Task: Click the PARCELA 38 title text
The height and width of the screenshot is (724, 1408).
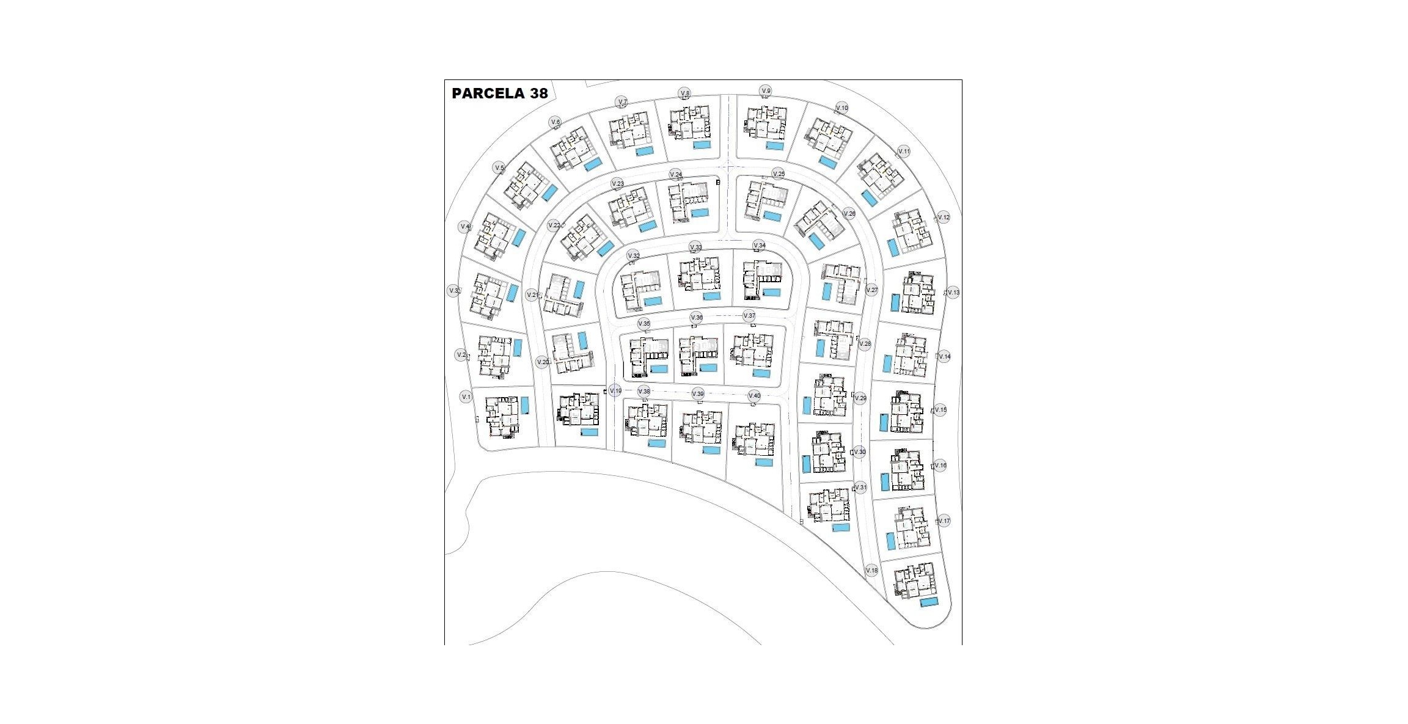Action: click(x=499, y=93)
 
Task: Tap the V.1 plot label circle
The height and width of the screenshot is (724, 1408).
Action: click(x=466, y=397)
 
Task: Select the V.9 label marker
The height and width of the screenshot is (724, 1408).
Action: click(x=766, y=91)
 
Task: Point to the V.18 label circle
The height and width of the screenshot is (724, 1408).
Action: click(x=872, y=571)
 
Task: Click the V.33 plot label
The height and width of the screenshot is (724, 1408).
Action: click(x=695, y=247)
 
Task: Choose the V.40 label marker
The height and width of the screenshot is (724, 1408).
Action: click(x=754, y=395)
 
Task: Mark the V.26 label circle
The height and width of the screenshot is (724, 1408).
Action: click(x=849, y=214)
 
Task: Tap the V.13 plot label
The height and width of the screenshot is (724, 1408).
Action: click(x=953, y=293)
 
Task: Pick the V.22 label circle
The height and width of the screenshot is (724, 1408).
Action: click(x=554, y=225)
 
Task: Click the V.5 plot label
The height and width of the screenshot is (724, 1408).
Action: click(x=499, y=168)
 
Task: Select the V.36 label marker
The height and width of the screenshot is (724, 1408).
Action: click(x=696, y=318)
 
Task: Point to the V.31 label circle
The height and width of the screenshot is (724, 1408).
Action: click(x=860, y=488)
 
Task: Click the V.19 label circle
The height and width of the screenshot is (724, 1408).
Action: click(x=615, y=391)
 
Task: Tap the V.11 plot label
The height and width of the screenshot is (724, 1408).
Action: click(x=904, y=152)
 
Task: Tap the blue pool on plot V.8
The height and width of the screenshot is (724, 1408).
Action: click(x=702, y=145)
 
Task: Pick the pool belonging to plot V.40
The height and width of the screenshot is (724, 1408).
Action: click(x=764, y=463)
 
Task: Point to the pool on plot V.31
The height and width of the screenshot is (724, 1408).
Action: click(x=841, y=528)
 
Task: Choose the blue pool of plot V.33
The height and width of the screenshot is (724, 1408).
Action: click(x=711, y=296)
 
